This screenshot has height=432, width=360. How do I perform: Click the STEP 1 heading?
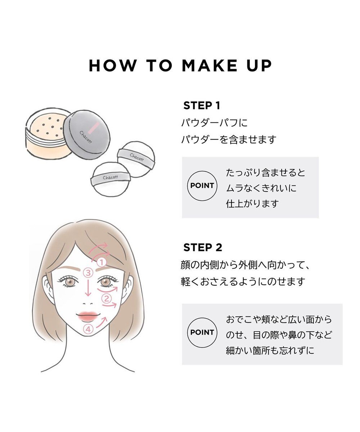click(x=201, y=105)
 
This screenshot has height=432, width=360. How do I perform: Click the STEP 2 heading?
click(x=202, y=247)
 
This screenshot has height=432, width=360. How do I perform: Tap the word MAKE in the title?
click(x=209, y=66)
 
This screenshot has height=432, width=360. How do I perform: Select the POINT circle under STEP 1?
click(x=202, y=186)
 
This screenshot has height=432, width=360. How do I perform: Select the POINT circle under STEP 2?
click(x=202, y=332)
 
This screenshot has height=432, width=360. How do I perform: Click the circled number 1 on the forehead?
click(x=102, y=262)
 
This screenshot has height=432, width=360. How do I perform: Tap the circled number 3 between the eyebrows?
click(x=88, y=273)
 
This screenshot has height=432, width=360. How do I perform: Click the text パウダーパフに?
click(x=214, y=123)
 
